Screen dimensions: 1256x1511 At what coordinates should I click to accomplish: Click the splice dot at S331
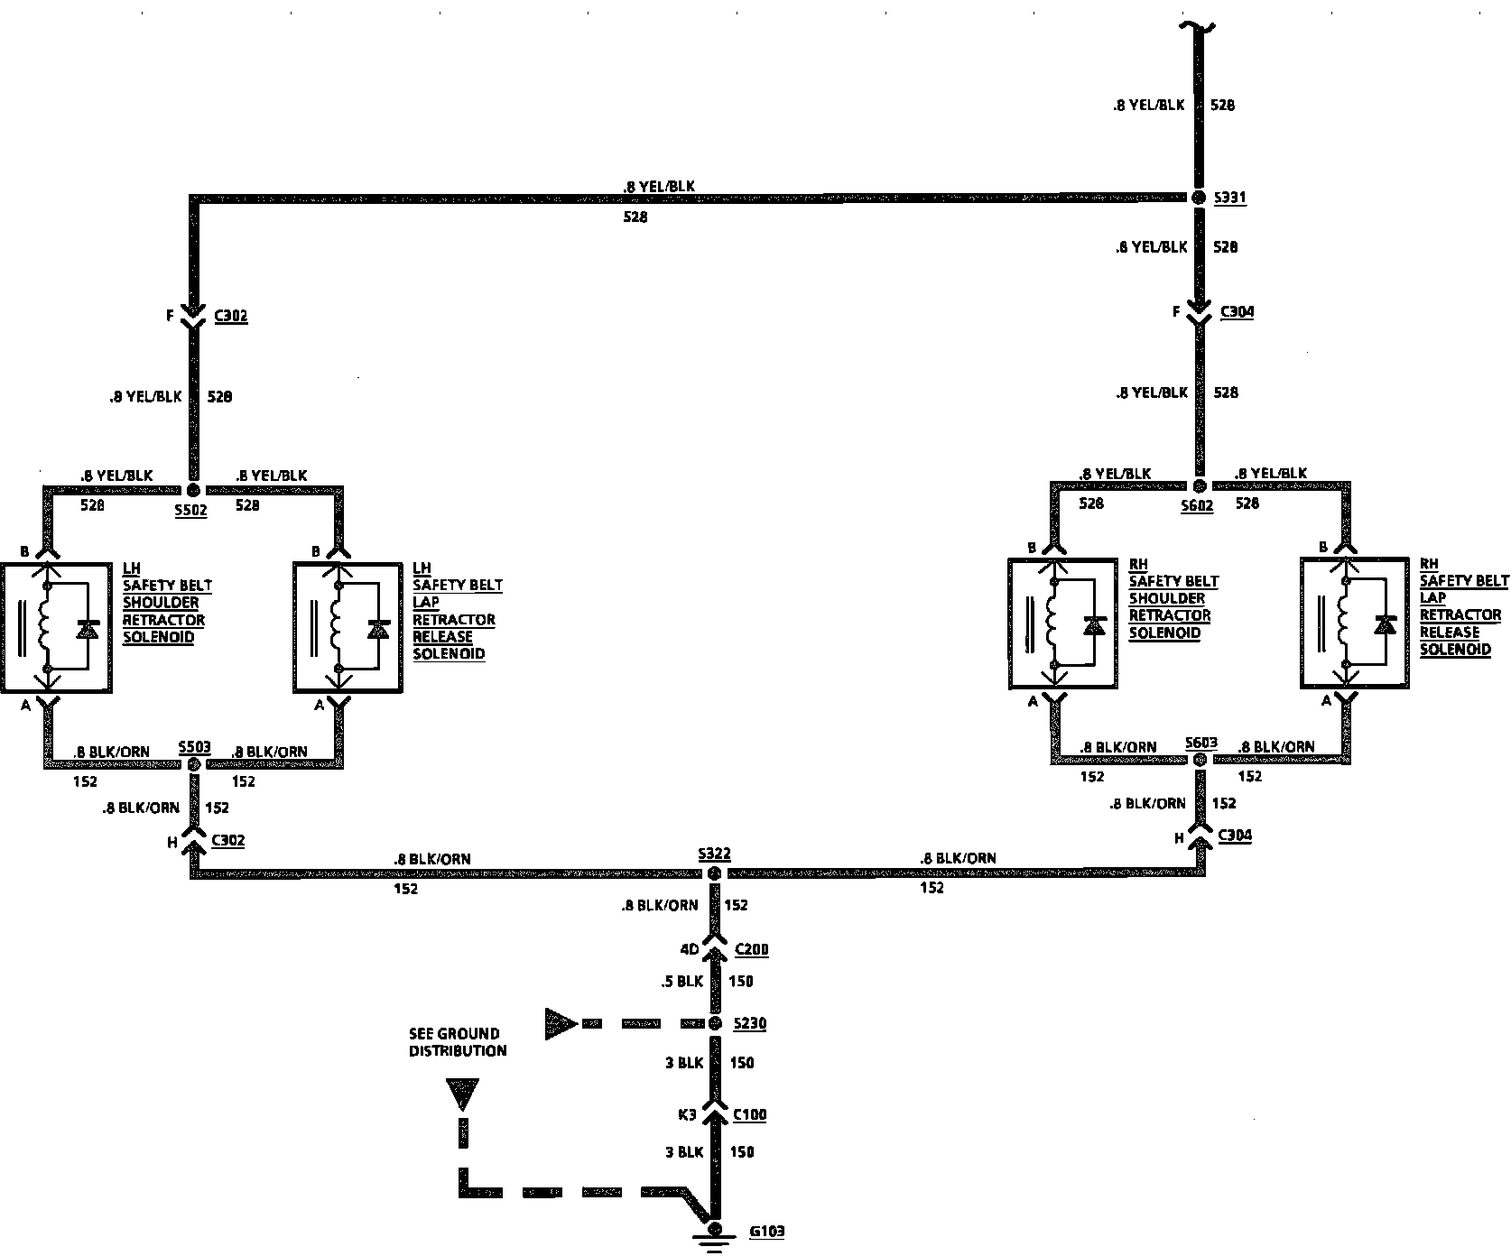1199,198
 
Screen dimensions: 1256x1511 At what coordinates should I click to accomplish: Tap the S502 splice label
191,510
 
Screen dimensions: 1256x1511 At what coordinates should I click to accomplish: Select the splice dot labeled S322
714,873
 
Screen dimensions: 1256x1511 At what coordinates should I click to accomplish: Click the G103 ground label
766,1231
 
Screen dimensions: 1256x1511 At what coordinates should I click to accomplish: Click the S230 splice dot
714,1023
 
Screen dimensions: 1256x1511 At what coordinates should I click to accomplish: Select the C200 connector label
752,949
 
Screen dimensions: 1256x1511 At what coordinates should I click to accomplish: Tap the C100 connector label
749,1114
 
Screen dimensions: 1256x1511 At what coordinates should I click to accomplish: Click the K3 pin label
687,1114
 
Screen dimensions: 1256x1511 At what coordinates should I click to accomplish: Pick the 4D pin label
689,949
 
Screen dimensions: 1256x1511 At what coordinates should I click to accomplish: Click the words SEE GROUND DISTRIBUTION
458,1042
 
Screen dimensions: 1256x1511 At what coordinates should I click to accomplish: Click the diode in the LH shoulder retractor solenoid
88,629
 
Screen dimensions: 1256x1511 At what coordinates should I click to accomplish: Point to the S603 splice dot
1200,761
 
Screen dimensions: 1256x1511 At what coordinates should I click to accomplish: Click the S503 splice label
194,747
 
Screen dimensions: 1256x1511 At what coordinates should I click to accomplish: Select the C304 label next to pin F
1237,312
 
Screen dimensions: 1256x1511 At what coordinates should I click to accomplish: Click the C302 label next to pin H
227,841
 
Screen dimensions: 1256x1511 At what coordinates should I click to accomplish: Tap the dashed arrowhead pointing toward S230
561,1023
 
